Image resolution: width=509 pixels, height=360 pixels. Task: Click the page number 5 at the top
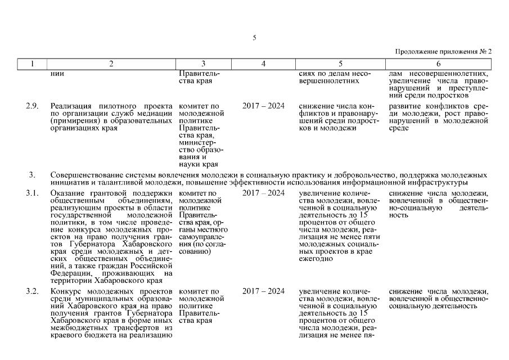point(254,38)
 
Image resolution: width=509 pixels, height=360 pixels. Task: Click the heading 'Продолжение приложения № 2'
point(444,52)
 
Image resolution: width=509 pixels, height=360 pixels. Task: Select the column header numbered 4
point(263,64)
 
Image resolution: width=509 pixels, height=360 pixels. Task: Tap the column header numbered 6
point(438,64)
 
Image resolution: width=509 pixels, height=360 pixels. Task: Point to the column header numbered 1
point(32,64)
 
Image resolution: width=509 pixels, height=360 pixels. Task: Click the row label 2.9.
point(33,106)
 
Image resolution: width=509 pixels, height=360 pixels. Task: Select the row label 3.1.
point(33,193)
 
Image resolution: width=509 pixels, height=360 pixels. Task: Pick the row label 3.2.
point(33,291)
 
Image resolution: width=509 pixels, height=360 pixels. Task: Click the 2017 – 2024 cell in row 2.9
point(263,106)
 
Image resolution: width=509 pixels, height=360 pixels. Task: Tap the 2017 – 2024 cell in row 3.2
point(263,291)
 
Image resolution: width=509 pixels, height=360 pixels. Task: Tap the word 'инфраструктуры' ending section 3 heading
point(439,183)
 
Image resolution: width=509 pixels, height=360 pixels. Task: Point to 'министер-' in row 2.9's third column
point(195,142)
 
